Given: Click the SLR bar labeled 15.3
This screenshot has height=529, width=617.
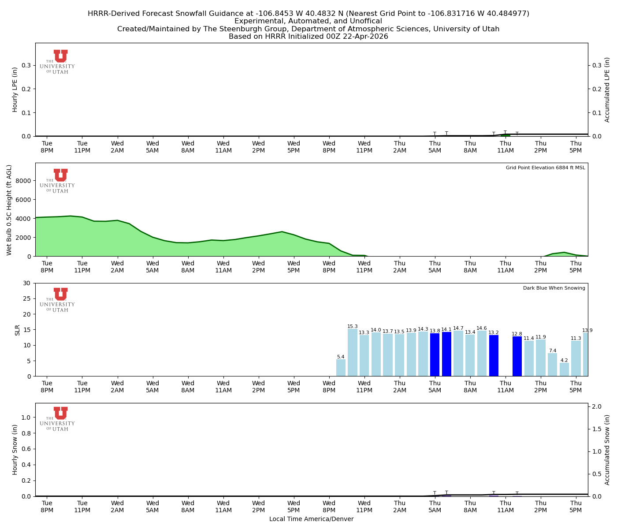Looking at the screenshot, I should coord(353,353).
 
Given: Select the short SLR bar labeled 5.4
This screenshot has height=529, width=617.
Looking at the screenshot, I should coord(341,368).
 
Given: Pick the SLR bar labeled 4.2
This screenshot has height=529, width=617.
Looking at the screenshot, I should coord(564,369).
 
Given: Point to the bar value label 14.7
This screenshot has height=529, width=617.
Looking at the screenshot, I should coord(458,328).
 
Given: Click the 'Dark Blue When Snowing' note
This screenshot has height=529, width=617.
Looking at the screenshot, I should coord(554,288).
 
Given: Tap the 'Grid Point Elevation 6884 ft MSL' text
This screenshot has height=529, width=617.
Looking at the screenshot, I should coord(545,168).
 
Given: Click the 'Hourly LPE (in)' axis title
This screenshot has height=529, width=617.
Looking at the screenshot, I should coord(15,89).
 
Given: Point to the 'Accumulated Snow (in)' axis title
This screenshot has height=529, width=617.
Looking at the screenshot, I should coord(607,450).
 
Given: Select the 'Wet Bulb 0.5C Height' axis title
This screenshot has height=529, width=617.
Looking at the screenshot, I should coord(9,210).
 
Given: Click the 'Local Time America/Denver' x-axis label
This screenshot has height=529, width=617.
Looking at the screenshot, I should coord(311,519).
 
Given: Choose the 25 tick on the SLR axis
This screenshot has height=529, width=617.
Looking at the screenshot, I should coord(28,298).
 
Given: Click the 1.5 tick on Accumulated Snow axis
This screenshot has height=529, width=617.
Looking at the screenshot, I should coord(596,429).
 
